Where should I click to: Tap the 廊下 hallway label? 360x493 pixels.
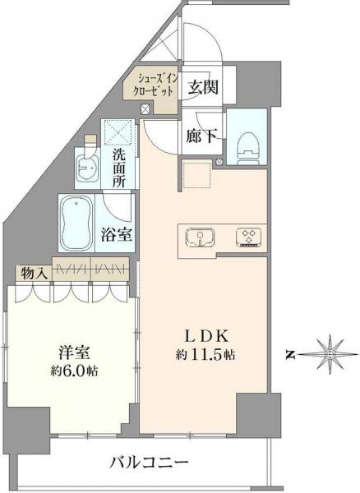tap(201, 137)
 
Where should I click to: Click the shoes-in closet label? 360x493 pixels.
tap(149, 84)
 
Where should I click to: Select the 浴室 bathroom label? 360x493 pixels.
tap(119, 233)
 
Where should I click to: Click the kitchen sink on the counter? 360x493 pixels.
tap(198, 237)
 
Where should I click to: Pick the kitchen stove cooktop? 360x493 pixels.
tap(247, 237)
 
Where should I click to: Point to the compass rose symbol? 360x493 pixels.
tap(329, 354)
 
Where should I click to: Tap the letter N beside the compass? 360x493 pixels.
tap(291, 355)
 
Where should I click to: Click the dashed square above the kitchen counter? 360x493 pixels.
tap(196, 174)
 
